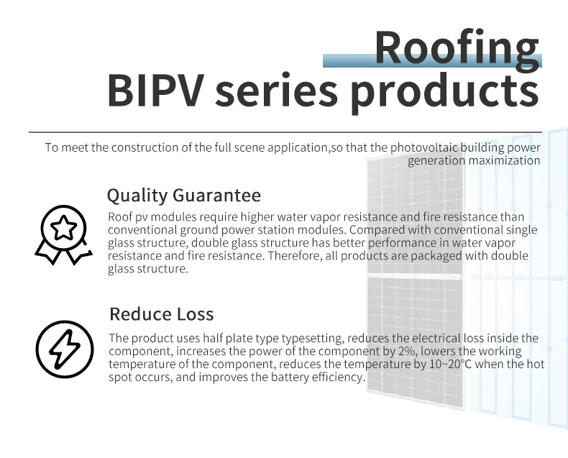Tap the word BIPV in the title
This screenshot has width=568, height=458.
[x=154, y=90]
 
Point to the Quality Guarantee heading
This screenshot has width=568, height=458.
[x=183, y=196]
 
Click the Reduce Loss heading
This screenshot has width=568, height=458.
[x=162, y=313]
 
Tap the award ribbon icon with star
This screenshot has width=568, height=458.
[x=63, y=235]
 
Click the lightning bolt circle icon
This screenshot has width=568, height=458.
[x=65, y=349]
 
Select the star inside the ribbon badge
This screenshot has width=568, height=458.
[x=64, y=228]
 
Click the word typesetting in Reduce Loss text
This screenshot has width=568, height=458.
[x=312, y=339]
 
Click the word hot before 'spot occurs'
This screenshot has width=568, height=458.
[x=536, y=364]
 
